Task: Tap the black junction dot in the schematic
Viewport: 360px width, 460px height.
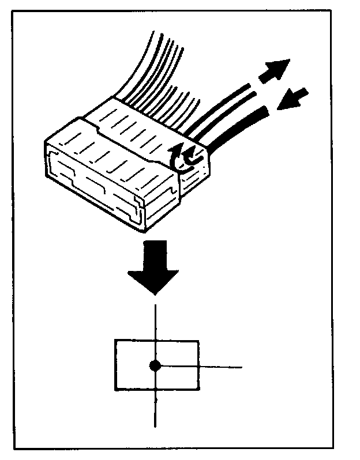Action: [x=155, y=365]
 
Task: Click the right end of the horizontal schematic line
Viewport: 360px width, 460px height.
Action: [x=241, y=366]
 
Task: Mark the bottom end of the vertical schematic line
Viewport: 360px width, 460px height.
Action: [x=155, y=427]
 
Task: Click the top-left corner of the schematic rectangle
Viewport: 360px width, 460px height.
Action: [x=115, y=341]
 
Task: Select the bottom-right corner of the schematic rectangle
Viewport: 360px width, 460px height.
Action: [x=199, y=390]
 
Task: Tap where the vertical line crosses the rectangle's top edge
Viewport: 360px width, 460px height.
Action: [x=155, y=341]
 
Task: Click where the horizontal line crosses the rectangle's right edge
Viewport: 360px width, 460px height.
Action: [x=199, y=366]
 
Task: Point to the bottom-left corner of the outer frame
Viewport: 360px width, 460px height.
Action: [x=15, y=448]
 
